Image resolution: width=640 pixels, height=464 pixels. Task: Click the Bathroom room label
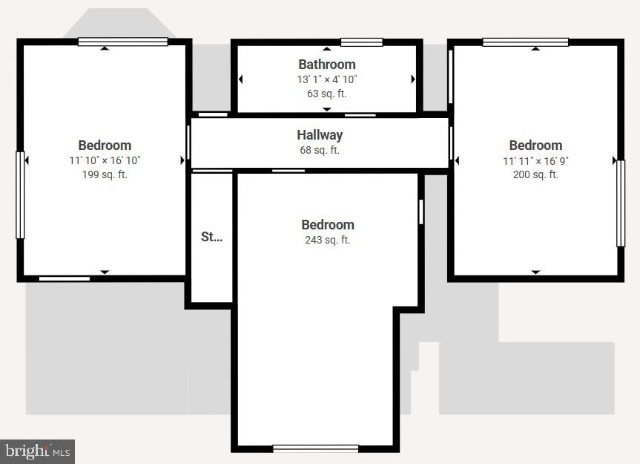pyautogui.click(x=327, y=65)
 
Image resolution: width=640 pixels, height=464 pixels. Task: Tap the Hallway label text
pyautogui.click(x=320, y=135)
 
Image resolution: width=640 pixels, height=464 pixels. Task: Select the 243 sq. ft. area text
pyautogui.click(x=327, y=240)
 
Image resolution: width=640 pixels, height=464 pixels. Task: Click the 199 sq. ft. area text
pyautogui.click(x=105, y=175)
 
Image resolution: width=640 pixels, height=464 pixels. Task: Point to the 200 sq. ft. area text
pyautogui.click(x=535, y=175)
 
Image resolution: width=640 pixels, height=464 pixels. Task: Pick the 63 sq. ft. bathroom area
pyautogui.click(x=327, y=94)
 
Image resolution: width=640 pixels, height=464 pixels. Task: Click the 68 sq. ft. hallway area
pyautogui.click(x=320, y=150)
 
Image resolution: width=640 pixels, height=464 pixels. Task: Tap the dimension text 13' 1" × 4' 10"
pyautogui.click(x=327, y=79)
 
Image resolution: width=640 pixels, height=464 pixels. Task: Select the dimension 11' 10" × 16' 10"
pyautogui.click(x=105, y=160)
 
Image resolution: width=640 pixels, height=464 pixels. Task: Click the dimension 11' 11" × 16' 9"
pyautogui.click(x=535, y=160)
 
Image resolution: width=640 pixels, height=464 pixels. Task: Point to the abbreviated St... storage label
pyautogui.click(x=211, y=237)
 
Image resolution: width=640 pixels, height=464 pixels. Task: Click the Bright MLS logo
pyautogui.click(x=37, y=451)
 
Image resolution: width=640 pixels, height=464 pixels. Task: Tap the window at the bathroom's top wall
pyautogui.click(x=362, y=42)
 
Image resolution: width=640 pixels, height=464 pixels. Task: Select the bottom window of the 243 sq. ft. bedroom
pyautogui.click(x=315, y=448)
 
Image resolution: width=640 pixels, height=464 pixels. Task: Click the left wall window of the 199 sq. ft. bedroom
pyautogui.click(x=21, y=195)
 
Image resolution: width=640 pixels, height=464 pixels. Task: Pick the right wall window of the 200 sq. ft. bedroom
pyautogui.click(x=620, y=203)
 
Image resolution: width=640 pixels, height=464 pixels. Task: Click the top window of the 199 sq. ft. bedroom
pyautogui.click(x=123, y=42)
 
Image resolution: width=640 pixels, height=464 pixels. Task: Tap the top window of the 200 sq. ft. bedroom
pyautogui.click(x=525, y=42)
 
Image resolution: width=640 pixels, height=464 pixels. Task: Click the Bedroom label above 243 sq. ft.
pyautogui.click(x=327, y=225)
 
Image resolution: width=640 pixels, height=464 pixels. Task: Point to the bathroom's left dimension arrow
pyautogui.click(x=241, y=79)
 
